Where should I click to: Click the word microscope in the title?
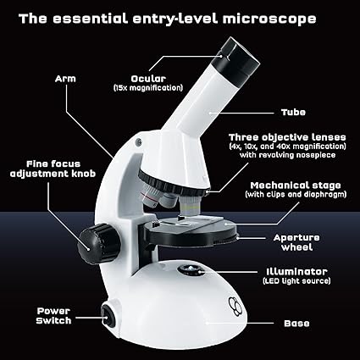tap(269, 19)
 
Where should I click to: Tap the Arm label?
tap(65, 79)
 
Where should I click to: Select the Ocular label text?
tap(148, 79)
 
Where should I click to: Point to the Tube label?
tap(293, 112)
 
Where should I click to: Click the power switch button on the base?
tap(108, 315)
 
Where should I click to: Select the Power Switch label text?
tap(54, 316)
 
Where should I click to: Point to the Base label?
tap(296, 323)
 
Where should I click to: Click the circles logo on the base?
tap(235, 306)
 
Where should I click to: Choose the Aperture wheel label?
tap(296, 242)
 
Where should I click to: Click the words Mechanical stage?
tap(296, 186)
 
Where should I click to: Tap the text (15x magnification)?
tap(148, 88)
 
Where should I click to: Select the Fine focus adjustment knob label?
tap(53, 169)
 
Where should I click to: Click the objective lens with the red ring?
tap(150, 197)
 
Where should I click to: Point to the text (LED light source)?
tap(296, 281)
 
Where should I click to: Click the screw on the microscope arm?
tap(139, 141)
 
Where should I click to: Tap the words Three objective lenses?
tap(287, 137)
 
